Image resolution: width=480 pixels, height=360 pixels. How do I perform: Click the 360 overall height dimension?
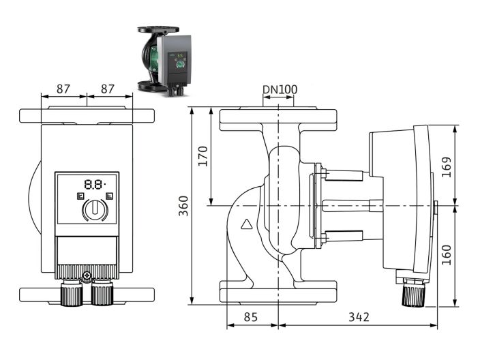coord(183,205)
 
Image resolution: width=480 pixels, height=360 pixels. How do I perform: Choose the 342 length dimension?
coord(359,317)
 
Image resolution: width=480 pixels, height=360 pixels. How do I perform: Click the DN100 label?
coord(280,89)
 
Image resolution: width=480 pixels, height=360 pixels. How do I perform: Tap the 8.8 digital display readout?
coord(93,184)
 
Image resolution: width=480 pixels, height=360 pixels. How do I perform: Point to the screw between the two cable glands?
coord(87,276)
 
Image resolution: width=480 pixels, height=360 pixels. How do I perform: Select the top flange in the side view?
coord(280,120)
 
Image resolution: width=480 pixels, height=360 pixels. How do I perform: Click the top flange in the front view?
coord(87,116)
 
